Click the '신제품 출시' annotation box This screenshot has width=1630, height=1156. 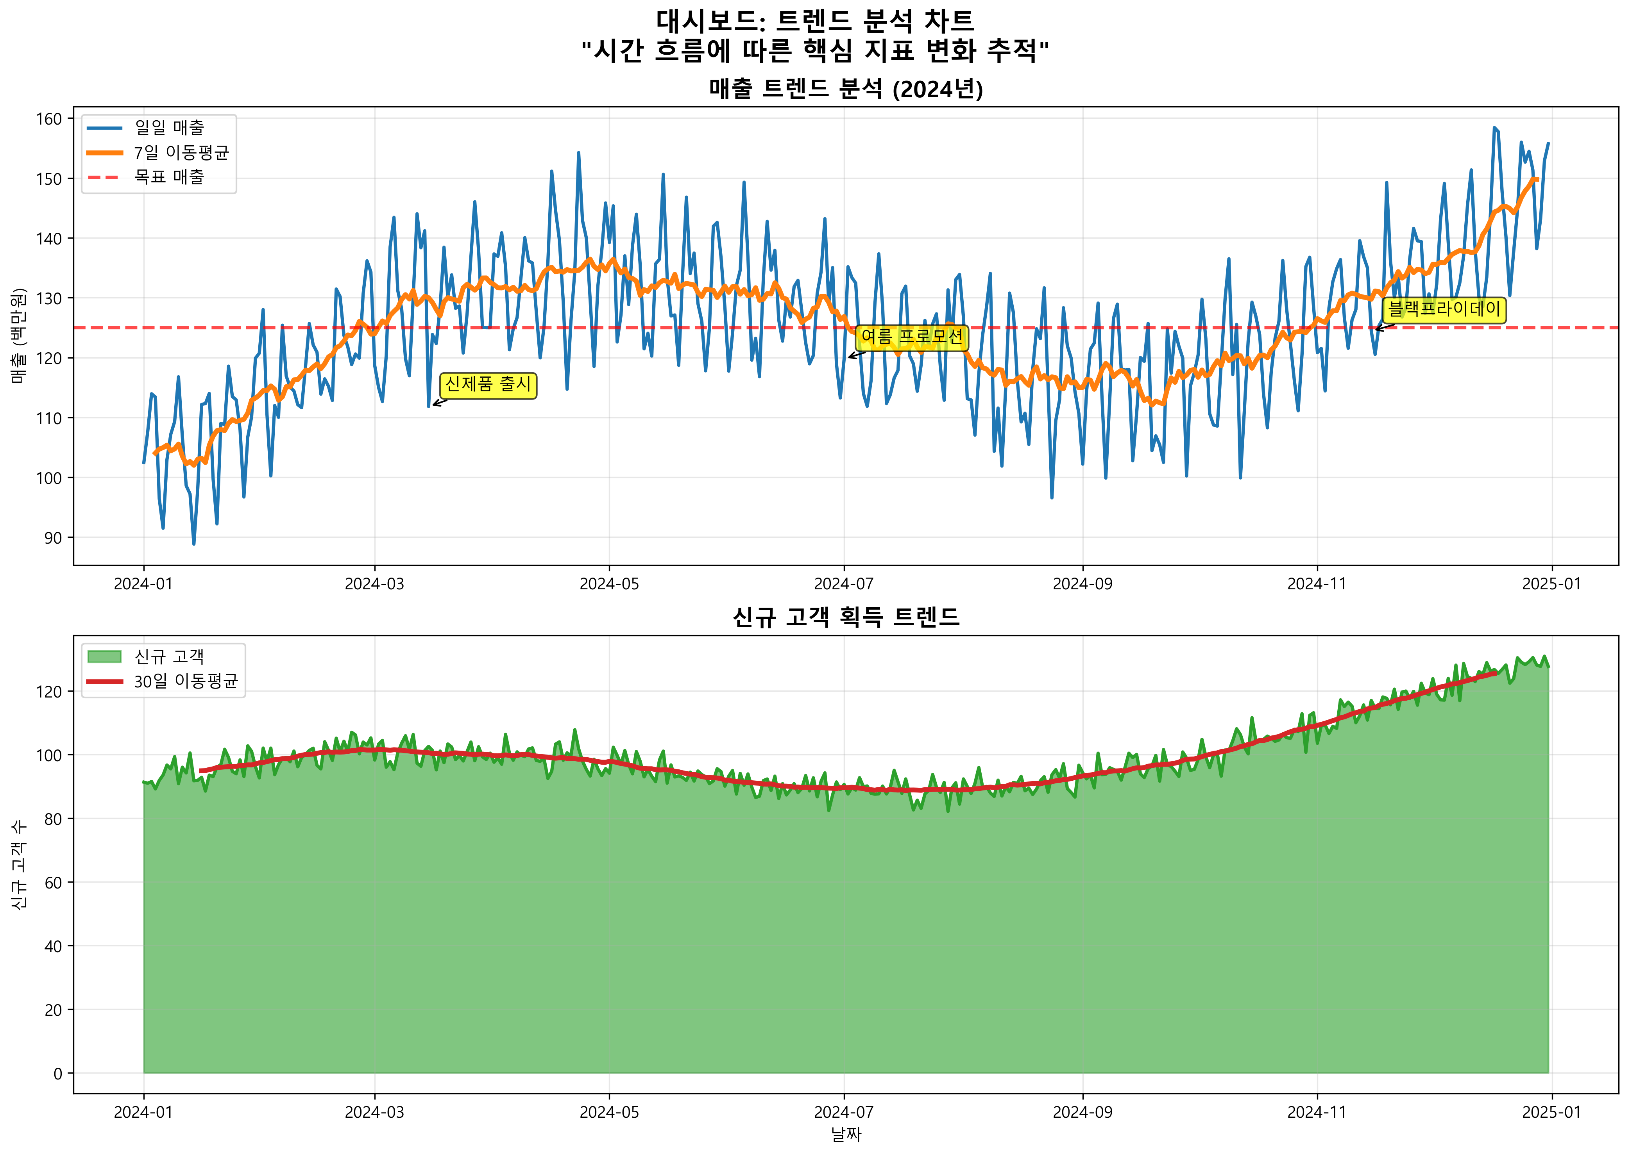488,385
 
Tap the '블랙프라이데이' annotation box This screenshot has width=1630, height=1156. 1444,310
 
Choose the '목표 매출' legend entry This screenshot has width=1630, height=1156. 169,177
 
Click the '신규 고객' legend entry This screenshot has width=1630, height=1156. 169,656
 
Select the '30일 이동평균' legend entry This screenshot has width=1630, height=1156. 185,681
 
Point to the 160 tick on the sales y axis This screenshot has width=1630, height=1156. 50,119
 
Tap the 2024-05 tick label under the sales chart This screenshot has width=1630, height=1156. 609,584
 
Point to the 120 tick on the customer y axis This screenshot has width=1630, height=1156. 50,691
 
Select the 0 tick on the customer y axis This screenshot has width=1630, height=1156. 58,1074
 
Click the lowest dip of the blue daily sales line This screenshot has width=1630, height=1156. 194,544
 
